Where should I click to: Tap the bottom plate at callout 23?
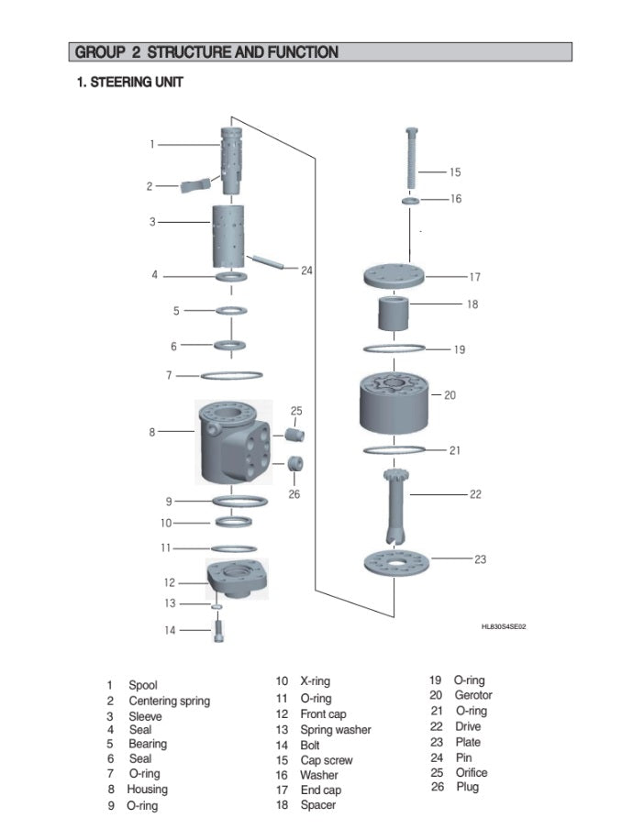(396, 560)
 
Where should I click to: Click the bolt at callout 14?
(220, 632)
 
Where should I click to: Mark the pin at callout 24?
(267, 261)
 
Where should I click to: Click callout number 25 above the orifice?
(296, 411)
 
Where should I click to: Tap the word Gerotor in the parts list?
(473, 696)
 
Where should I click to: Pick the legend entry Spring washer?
(336, 730)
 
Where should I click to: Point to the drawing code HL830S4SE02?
(504, 626)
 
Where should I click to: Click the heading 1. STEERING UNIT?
(129, 83)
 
